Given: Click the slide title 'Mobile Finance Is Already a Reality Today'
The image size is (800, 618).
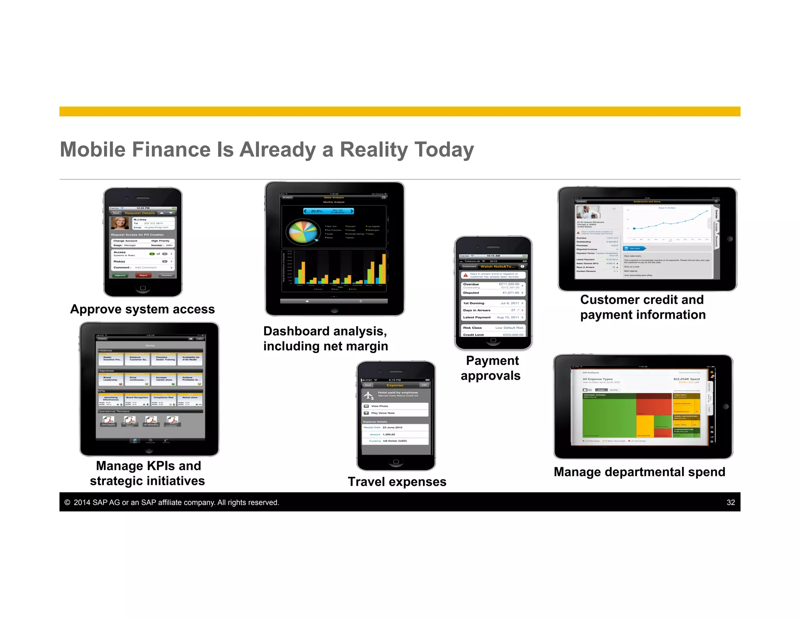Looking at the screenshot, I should point(267,150).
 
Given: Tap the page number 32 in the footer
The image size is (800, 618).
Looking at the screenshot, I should point(730,502).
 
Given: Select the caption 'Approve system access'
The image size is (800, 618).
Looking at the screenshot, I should point(143,309).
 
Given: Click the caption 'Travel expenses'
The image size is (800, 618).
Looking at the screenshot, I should point(397,482).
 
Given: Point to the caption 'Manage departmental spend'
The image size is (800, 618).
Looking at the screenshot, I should point(639,472).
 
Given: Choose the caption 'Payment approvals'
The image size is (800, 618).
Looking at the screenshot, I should point(491,368).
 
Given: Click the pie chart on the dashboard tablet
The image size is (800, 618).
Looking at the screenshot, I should point(302,232).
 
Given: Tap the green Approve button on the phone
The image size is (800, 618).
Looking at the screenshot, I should point(120,275).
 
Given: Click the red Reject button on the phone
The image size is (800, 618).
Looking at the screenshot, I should point(143,275).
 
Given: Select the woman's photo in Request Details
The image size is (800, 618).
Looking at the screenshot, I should point(120,223).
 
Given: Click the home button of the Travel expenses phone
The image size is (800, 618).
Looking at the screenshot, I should point(396,462).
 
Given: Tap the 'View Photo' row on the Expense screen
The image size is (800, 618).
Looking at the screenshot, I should point(395,406).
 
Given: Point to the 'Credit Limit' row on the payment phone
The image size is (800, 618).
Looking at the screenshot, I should point(493,334).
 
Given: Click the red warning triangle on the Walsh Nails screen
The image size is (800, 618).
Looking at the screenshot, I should point(466,275).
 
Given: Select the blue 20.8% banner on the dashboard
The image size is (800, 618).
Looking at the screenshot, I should point(329,211).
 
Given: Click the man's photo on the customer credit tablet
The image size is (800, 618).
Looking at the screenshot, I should point(588,213).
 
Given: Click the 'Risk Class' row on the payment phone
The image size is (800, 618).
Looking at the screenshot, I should point(493,328).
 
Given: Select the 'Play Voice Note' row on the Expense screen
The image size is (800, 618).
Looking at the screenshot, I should point(395,413).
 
